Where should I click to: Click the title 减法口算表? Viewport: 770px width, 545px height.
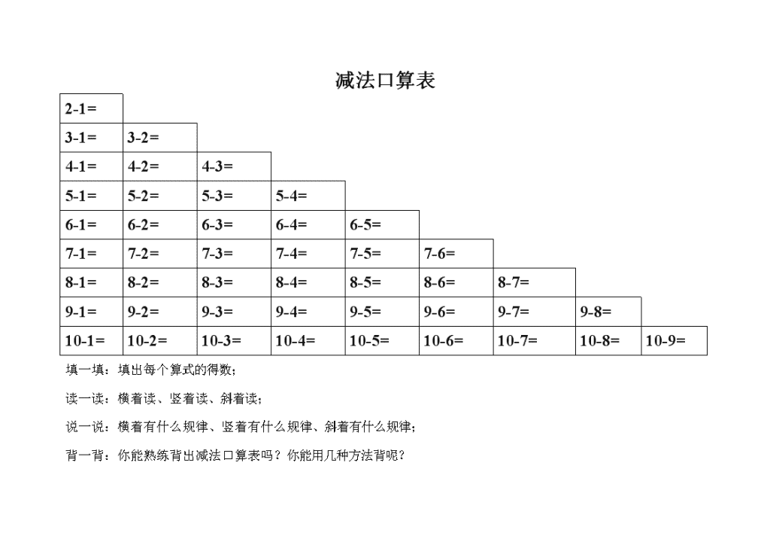click(385, 80)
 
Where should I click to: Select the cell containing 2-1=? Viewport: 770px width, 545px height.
click(91, 108)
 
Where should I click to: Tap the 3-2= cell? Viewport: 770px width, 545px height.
click(160, 138)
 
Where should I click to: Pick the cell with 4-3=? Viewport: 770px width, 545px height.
click(235, 166)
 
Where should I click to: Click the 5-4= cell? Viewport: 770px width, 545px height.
click(308, 196)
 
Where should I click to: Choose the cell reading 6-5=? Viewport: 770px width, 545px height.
click(383, 225)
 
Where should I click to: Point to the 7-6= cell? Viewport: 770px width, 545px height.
click(456, 254)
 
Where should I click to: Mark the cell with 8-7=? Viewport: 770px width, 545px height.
click(535, 282)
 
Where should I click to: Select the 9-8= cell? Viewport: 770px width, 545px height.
click(608, 312)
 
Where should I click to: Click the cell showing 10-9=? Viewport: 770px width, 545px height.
click(675, 340)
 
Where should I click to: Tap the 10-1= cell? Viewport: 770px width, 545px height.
click(91, 340)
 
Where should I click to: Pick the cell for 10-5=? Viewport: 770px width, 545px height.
click(383, 340)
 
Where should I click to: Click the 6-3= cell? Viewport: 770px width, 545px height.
click(235, 225)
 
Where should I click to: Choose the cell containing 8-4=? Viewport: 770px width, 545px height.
click(308, 282)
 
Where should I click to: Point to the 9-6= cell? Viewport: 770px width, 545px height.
click(456, 312)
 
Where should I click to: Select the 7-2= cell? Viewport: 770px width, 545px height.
click(160, 254)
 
